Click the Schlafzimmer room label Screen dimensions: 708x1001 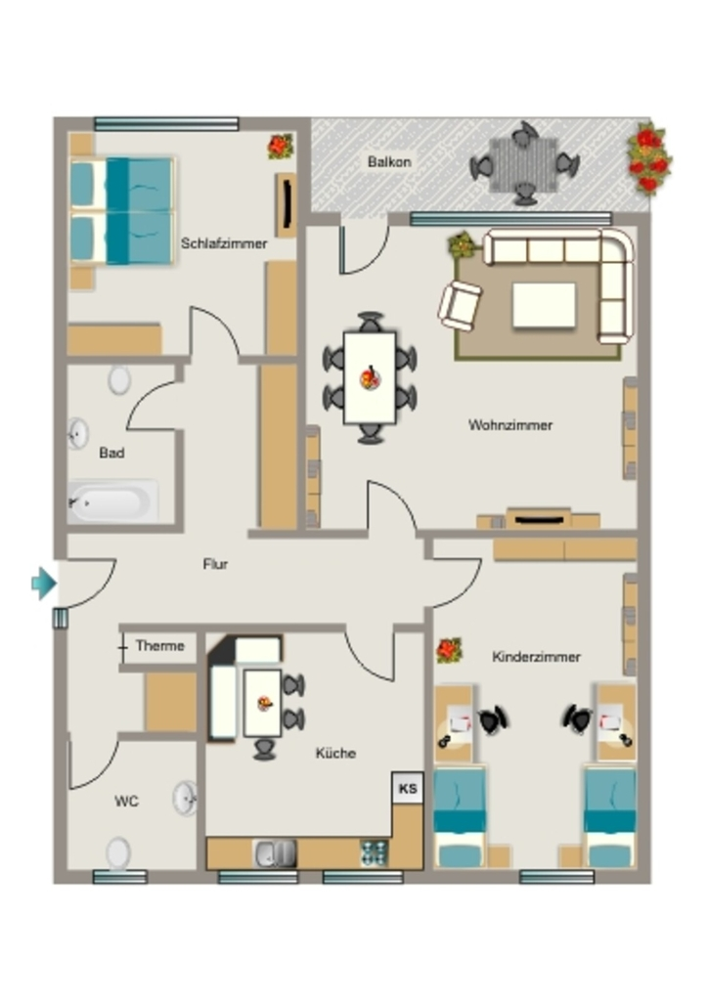[x=223, y=243]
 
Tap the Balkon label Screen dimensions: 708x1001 [x=389, y=161]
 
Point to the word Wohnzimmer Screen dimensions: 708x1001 [x=510, y=424]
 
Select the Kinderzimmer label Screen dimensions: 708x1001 [x=536, y=656]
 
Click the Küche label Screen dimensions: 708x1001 [x=335, y=753]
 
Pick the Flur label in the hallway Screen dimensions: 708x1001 [x=215, y=564]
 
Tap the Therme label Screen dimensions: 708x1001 [x=159, y=645]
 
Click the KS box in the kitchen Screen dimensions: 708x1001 [x=408, y=788]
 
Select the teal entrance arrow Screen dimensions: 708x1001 [x=44, y=583]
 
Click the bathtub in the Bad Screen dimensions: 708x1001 [x=113, y=501]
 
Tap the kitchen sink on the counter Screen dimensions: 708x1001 [x=275, y=853]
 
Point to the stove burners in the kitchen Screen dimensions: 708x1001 [x=374, y=853]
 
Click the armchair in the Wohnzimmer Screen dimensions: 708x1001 [x=459, y=306]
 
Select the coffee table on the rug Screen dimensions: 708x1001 [x=544, y=306]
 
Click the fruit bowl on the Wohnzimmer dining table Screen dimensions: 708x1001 [x=370, y=378]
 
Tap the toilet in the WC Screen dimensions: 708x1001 [x=118, y=853]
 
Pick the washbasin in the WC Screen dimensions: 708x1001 [x=185, y=798]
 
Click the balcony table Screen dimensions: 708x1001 [x=523, y=164]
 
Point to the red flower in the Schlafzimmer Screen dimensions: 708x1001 [x=281, y=147]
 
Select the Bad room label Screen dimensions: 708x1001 [x=111, y=453]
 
